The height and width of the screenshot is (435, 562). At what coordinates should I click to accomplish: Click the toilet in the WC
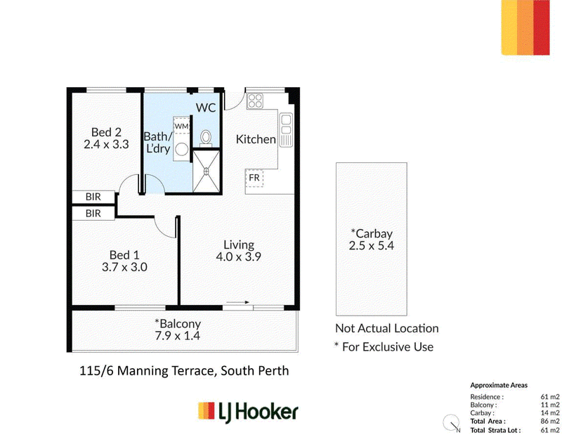point(206,138)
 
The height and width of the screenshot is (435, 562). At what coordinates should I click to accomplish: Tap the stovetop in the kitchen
point(255,100)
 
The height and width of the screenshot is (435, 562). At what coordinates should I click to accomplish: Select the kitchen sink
point(286,130)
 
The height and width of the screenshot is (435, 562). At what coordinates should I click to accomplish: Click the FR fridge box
point(254,178)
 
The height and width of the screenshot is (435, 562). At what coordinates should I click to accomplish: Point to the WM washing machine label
point(181,126)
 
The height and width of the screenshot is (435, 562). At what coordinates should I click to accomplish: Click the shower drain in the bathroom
point(207,171)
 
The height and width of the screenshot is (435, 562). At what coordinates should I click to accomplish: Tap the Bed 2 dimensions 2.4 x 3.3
point(106,144)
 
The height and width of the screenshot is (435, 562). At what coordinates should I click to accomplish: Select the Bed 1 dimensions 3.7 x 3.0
point(124,267)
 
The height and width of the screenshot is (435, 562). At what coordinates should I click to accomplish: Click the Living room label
point(239,245)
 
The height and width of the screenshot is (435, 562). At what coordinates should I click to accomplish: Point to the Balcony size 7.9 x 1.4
point(178,336)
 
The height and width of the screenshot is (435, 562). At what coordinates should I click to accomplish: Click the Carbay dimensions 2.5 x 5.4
point(372,245)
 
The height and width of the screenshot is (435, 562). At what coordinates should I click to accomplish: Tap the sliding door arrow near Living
point(237,302)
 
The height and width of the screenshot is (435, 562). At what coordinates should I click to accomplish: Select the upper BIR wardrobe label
point(93,197)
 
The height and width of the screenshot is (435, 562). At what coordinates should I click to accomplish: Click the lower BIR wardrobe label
point(93,214)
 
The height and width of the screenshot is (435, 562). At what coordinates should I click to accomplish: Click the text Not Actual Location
point(387,328)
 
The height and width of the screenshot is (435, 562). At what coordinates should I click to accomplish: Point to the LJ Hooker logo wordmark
point(258,412)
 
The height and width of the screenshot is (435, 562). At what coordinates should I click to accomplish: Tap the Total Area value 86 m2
point(550,421)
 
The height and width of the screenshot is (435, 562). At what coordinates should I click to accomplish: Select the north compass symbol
point(451,423)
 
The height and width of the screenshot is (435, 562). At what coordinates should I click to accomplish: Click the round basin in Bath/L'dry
point(182,150)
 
